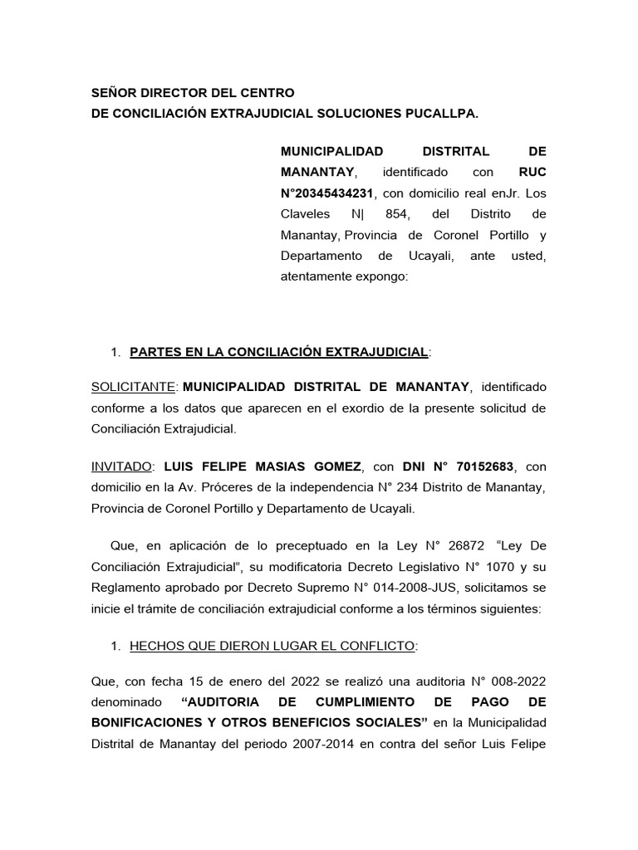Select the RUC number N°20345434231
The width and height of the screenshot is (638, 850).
click(x=328, y=193)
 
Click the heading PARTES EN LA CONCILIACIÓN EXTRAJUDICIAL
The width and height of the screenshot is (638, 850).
click(x=279, y=353)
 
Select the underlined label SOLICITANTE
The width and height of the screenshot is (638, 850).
click(x=134, y=387)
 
